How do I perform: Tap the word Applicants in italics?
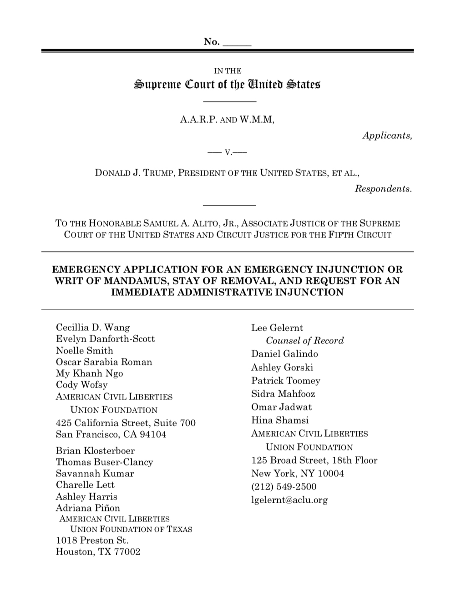point(387,136)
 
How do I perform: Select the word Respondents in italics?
point(383,189)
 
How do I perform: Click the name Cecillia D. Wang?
point(93,328)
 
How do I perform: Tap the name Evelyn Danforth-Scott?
point(105,339)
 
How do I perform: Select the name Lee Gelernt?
point(277,328)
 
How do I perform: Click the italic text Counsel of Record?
point(304,341)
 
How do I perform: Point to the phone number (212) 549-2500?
point(284,487)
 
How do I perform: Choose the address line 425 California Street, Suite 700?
point(126,423)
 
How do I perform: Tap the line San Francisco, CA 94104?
point(111,434)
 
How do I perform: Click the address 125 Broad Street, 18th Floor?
point(314,460)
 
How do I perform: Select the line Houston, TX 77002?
point(98,552)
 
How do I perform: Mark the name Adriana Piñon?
point(88,508)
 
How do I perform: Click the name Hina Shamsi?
point(280,420)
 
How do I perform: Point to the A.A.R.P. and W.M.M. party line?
point(228,120)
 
